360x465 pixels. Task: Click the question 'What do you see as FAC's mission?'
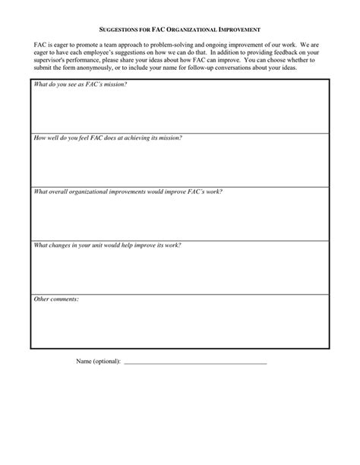click(x=80, y=84)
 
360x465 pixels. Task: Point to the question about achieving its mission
click(x=107, y=138)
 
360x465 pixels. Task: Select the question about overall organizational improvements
click(x=128, y=191)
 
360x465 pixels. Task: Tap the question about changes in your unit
click(x=107, y=245)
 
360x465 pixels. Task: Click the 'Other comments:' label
click(x=56, y=299)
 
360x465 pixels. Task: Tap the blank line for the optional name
click(x=194, y=362)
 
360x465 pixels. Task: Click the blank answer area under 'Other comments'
click(x=179, y=327)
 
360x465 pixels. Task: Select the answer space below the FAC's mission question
click(x=179, y=110)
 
